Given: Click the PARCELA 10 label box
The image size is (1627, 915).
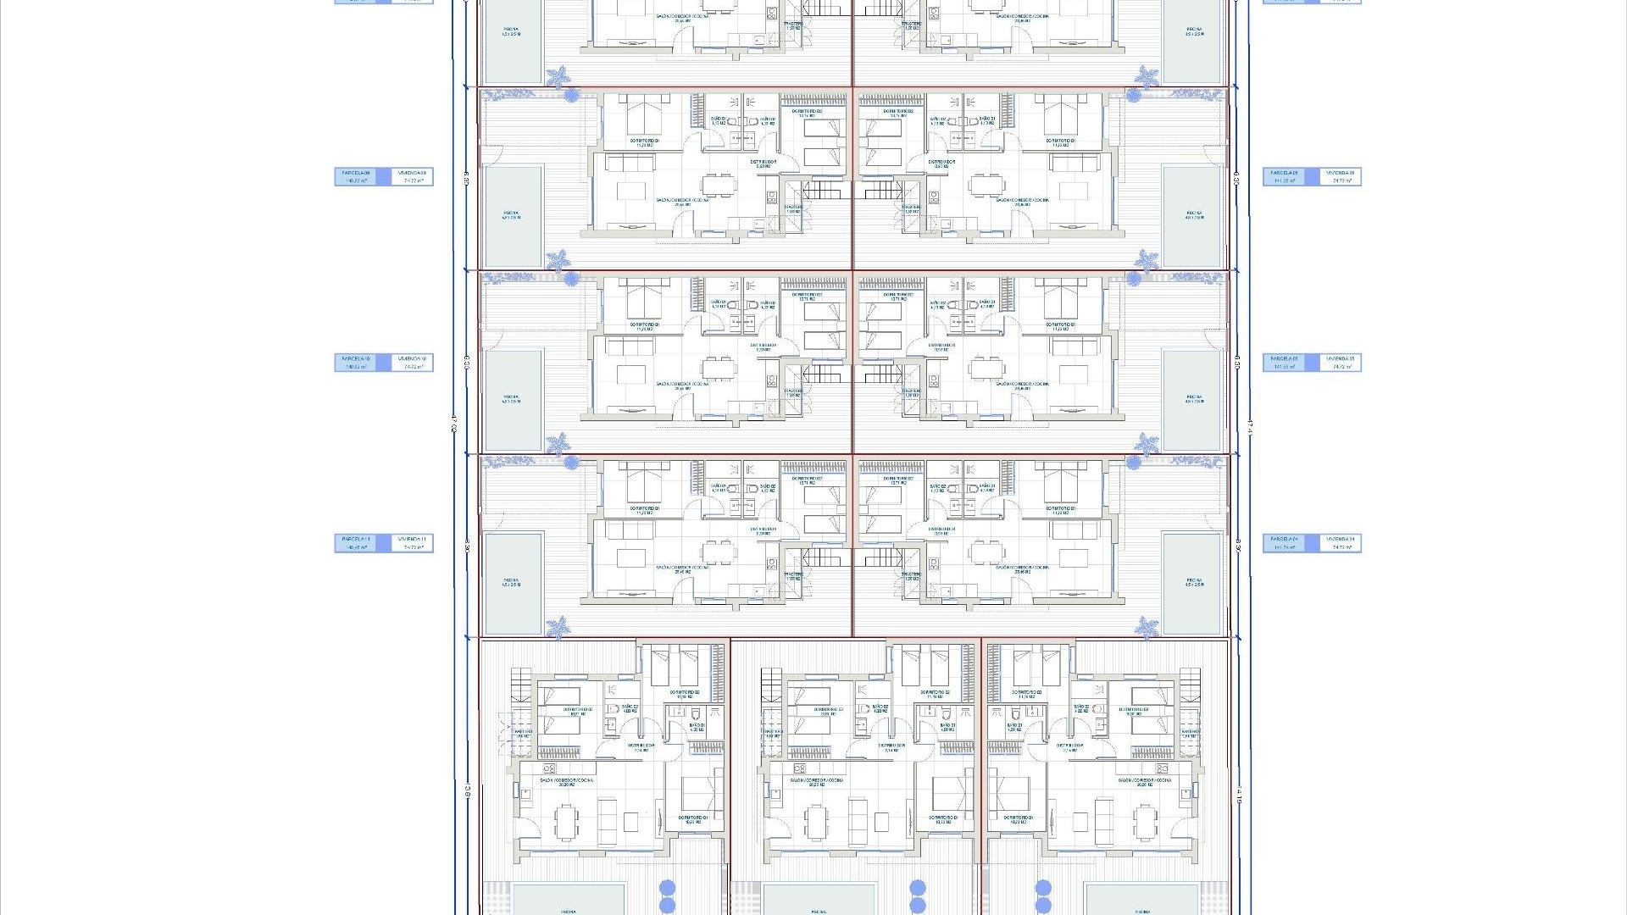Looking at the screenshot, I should [357, 363].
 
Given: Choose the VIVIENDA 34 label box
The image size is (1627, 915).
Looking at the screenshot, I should [1341, 543].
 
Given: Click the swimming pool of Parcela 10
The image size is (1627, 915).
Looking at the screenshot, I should [512, 399].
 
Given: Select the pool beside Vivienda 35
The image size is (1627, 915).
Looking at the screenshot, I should [1194, 399].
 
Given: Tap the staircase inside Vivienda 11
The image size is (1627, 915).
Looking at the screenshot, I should [819, 557].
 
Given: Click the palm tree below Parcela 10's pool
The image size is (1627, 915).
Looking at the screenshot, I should [558, 444].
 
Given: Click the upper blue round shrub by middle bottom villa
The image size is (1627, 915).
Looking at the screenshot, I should [918, 887].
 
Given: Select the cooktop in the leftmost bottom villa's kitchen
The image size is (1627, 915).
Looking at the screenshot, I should [548, 769].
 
